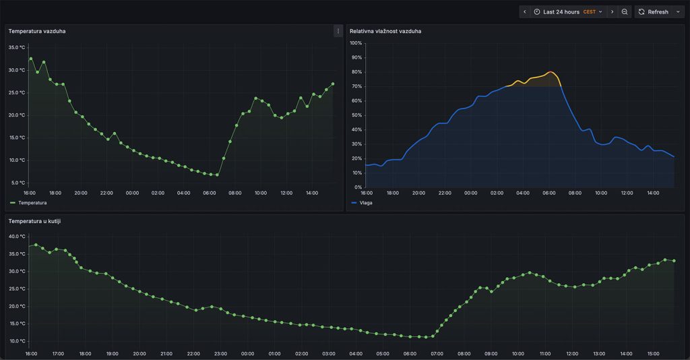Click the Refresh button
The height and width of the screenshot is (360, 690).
[x=653, y=11]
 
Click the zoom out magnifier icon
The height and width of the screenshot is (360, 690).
[x=625, y=11]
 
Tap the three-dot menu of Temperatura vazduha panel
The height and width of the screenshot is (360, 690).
[x=338, y=31]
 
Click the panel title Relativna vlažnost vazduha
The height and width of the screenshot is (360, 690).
[x=385, y=31]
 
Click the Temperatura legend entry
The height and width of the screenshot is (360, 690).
[x=32, y=202]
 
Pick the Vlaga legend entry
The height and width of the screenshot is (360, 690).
[x=365, y=202]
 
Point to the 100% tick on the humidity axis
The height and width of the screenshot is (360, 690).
[x=356, y=43]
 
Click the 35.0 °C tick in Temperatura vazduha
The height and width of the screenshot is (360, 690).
[x=17, y=47]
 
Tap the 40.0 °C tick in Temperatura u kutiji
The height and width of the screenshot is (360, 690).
[x=17, y=237]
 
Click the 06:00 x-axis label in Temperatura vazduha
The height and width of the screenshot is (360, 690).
[x=209, y=193]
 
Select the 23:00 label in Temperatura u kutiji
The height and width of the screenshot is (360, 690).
[x=220, y=353]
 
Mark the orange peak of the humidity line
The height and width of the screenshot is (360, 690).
[x=551, y=71]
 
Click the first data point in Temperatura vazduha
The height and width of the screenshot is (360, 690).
[x=30, y=59]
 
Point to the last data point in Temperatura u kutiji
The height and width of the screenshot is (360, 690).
[x=674, y=261]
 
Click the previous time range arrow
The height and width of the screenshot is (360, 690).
[x=525, y=11]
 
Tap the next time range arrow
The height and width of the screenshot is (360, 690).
[x=612, y=11]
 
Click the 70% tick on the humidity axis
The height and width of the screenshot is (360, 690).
[x=356, y=86]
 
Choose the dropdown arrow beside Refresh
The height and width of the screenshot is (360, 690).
[x=678, y=11]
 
